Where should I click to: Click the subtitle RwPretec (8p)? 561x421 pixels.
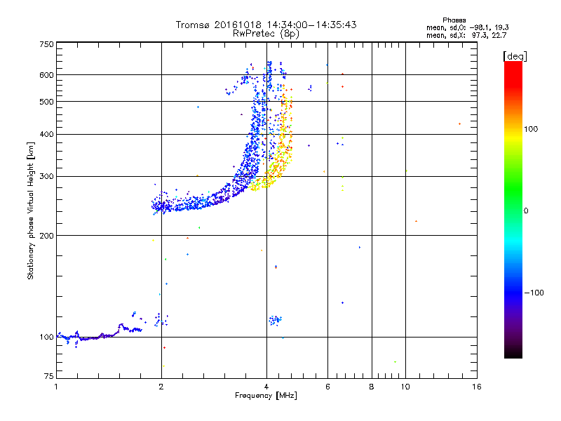[x=266, y=34]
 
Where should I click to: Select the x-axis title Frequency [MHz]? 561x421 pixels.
[x=266, y=396]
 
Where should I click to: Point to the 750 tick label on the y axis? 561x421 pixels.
[x=46, y=44]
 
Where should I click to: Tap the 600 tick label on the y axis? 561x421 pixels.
[x=46, y=75]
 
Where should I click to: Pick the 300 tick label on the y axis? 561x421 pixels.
[x=46, y=177]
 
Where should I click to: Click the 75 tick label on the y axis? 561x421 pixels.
[x=49, y=376]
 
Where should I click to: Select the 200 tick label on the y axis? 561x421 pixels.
[x=46, y=236]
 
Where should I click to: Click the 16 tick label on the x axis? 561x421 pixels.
[x=477, y=387]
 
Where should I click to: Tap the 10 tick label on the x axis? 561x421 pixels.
[x=405, y=387]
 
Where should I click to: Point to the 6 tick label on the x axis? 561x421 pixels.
[x=327, y=387]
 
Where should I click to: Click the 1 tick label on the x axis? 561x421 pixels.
[x=57, y=387]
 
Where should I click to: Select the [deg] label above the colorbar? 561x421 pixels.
[x=515, y=56]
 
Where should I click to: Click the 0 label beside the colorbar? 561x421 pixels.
[x=525, y=211]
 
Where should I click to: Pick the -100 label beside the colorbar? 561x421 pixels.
[x=534, y=293]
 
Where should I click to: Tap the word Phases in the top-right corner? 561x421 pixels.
[x=454, y=20]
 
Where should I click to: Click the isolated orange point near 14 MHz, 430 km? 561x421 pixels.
[x=460, y=124]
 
